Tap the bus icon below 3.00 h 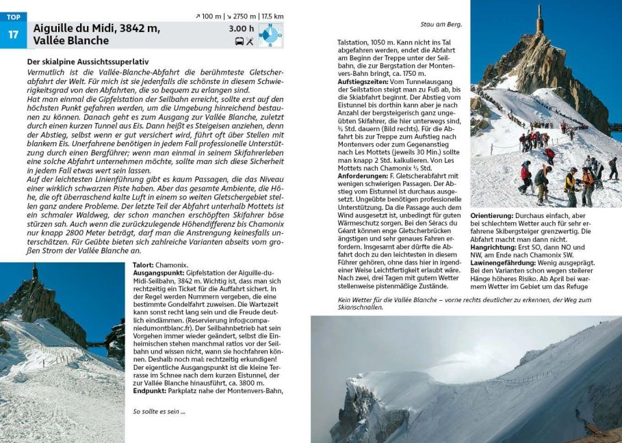[x=239, y=42]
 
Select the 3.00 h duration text [x=242, y=29]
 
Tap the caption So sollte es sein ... [x=159, y=412]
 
